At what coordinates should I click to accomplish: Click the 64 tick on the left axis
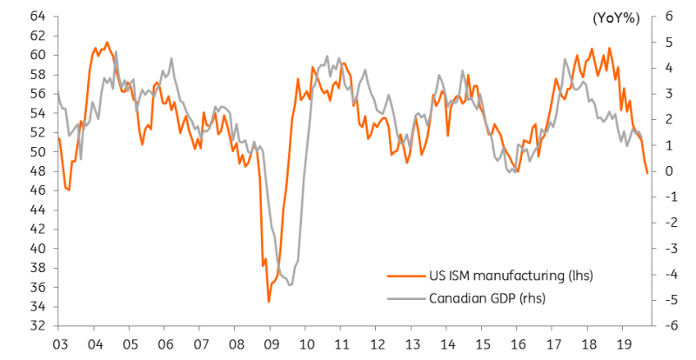pos(37,17)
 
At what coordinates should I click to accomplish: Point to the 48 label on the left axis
pos(37,171)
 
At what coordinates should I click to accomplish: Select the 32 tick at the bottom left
pos(37,326)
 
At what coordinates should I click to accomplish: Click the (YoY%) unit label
pos(616,18)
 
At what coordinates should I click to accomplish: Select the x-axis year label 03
pos(59,344)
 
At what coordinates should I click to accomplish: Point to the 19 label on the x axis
pos(622,344)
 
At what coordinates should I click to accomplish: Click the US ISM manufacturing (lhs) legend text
pos(511,276)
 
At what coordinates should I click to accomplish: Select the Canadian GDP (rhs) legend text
pos(487,298)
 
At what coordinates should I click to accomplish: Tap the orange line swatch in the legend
pos(406,277)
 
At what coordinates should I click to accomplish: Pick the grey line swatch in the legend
pos(406,298)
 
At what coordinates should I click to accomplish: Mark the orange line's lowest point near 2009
pos(269,303)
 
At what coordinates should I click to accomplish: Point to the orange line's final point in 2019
pos(647,173)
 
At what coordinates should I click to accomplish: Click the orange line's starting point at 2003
pos(58,138)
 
